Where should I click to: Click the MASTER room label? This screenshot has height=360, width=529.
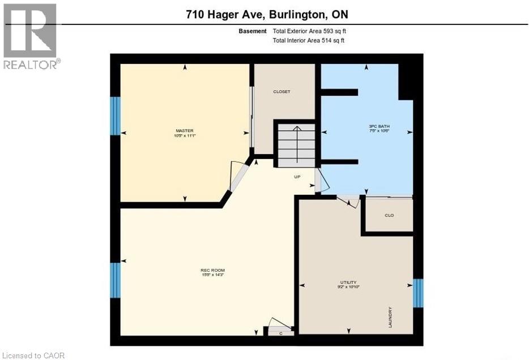tap(185, 131)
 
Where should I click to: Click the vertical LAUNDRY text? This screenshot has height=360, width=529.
tap(390, 317)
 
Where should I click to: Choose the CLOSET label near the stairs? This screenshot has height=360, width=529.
tap(281, 92)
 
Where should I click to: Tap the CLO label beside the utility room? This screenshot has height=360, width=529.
tap(389, 216)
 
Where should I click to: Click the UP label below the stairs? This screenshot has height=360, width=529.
tap(297, 177)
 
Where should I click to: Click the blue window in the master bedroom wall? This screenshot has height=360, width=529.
tap(115, 115)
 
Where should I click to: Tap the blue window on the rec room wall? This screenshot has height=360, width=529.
tap(115, 280)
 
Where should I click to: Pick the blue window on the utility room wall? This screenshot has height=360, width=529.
tap(418, 293)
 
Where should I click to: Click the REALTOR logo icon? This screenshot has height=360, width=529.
tap(30, 31)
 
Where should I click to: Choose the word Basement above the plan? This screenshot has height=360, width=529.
tap(253, 32)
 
